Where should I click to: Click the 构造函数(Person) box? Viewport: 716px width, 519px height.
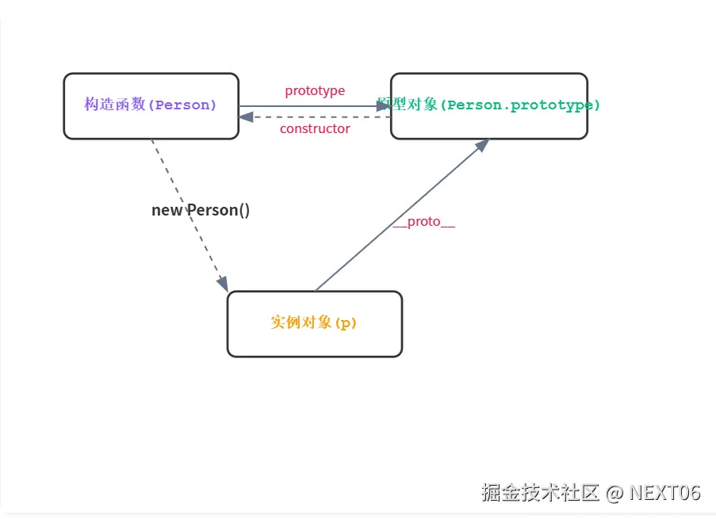point(151,106)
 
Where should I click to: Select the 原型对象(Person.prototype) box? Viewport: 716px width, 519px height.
point(488,106)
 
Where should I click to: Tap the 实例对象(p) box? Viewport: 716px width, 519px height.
point(314,323)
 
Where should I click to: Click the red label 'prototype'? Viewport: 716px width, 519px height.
point(315,91)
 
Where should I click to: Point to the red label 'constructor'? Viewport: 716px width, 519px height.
point(315,128)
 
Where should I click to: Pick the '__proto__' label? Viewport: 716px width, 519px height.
point(424,222)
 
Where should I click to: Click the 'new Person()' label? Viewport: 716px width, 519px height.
point(201,210)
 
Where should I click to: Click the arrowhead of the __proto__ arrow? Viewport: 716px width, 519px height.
point(481,146)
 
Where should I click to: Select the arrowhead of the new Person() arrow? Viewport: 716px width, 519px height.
point(223,283)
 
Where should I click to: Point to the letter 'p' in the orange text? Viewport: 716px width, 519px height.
point(345,323)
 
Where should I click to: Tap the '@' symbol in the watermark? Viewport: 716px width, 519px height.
point(615,492)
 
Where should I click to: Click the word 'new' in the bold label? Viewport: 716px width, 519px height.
point(167,210)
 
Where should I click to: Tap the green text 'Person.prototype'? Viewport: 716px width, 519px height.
point(519,105)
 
